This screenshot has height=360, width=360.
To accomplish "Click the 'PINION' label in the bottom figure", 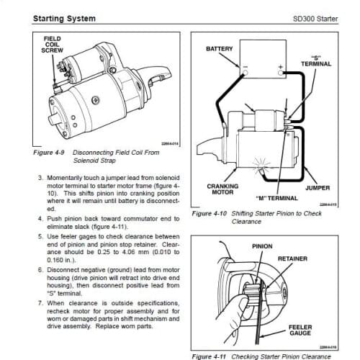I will [x=262, y=246].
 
